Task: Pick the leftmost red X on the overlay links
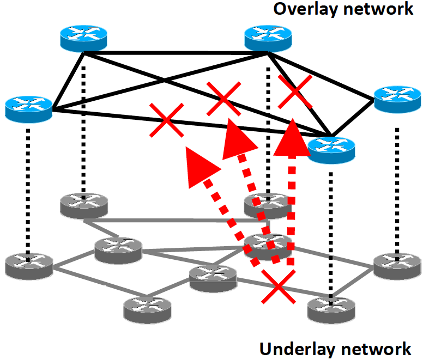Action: click(x=167, y=120)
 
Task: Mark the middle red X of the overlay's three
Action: click(x=223, y=99)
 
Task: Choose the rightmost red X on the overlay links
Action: click(x=295, y=91)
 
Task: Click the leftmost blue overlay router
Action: click(x=28, y=107)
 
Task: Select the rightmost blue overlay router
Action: click(x=397, y=98)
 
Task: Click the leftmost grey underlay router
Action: click(x=28, y=265)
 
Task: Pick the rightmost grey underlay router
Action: click(x=397, y=265)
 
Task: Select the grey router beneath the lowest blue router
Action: click(x=330, y=309)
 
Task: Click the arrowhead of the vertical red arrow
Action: click(x=293, y=137)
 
